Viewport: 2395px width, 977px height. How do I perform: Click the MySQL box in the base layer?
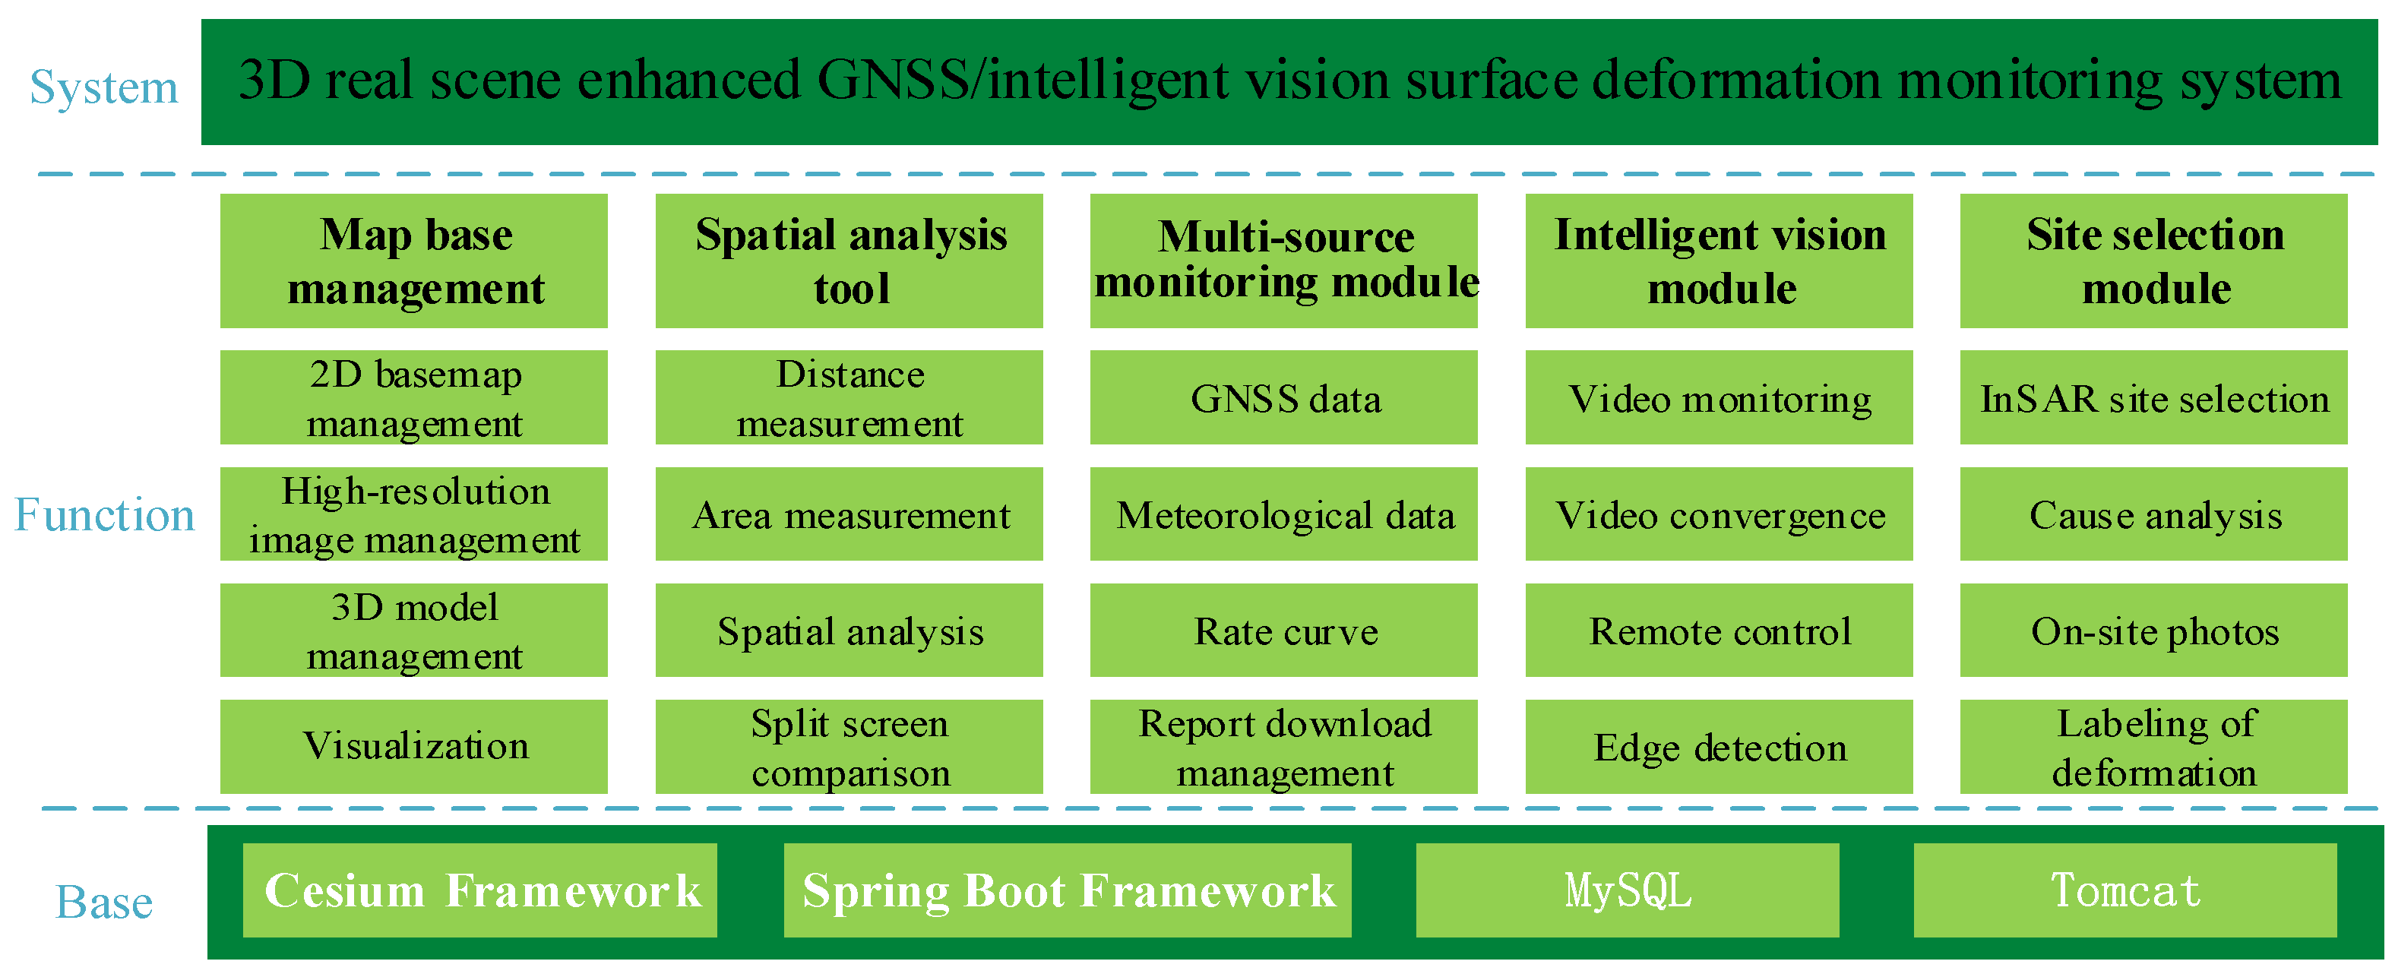pyautogui.click(x=1627, y=890)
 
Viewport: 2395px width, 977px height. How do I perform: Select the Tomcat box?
pyautogui.click(x=2124, y=890)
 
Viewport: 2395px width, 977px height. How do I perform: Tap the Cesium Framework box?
pyautogui.click(x=479, y=890)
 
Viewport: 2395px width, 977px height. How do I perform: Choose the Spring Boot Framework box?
pyautogui.click(x=1068, y=890)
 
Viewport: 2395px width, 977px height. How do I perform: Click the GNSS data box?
pyautogui.click(x=1284, y=398)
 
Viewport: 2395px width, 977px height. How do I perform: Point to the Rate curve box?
pyautogui.click(x=1284, y=631)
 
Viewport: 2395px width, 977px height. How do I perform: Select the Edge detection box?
pyautogui.click(x=1719, y=747)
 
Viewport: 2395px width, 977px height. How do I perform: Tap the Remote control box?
pyautogui.click(x=1719, y=631)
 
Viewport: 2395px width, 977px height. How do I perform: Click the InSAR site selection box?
pyautogui.click(x=2153, y=398)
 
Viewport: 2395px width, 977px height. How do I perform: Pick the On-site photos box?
pyautogui.click(x=2153, y=631)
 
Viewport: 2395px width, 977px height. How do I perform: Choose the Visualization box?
pyautogui.click(x=414, y=747)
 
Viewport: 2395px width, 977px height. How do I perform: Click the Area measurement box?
pyautogui.click(x=849, y=514)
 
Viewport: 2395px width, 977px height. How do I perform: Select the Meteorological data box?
pyautogui.click(x=1284, y=514)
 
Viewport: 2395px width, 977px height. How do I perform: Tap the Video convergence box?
pyautogui.click(x=1719, y=514)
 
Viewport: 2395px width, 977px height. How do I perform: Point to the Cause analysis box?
pyautogui.click(x=2153, y=514)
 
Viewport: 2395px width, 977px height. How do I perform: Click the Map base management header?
pyautogui.click(x=414, y=261)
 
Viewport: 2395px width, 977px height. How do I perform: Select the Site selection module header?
pyautogui.click(x=2153, y=261)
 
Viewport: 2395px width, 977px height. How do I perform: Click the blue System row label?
pyautogui.click(x=103, y=87)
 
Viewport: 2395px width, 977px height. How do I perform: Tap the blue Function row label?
pyautogui.click(x=104, y=515)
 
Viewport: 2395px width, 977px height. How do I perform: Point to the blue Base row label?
pyautogui.click(x=104, y=902)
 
